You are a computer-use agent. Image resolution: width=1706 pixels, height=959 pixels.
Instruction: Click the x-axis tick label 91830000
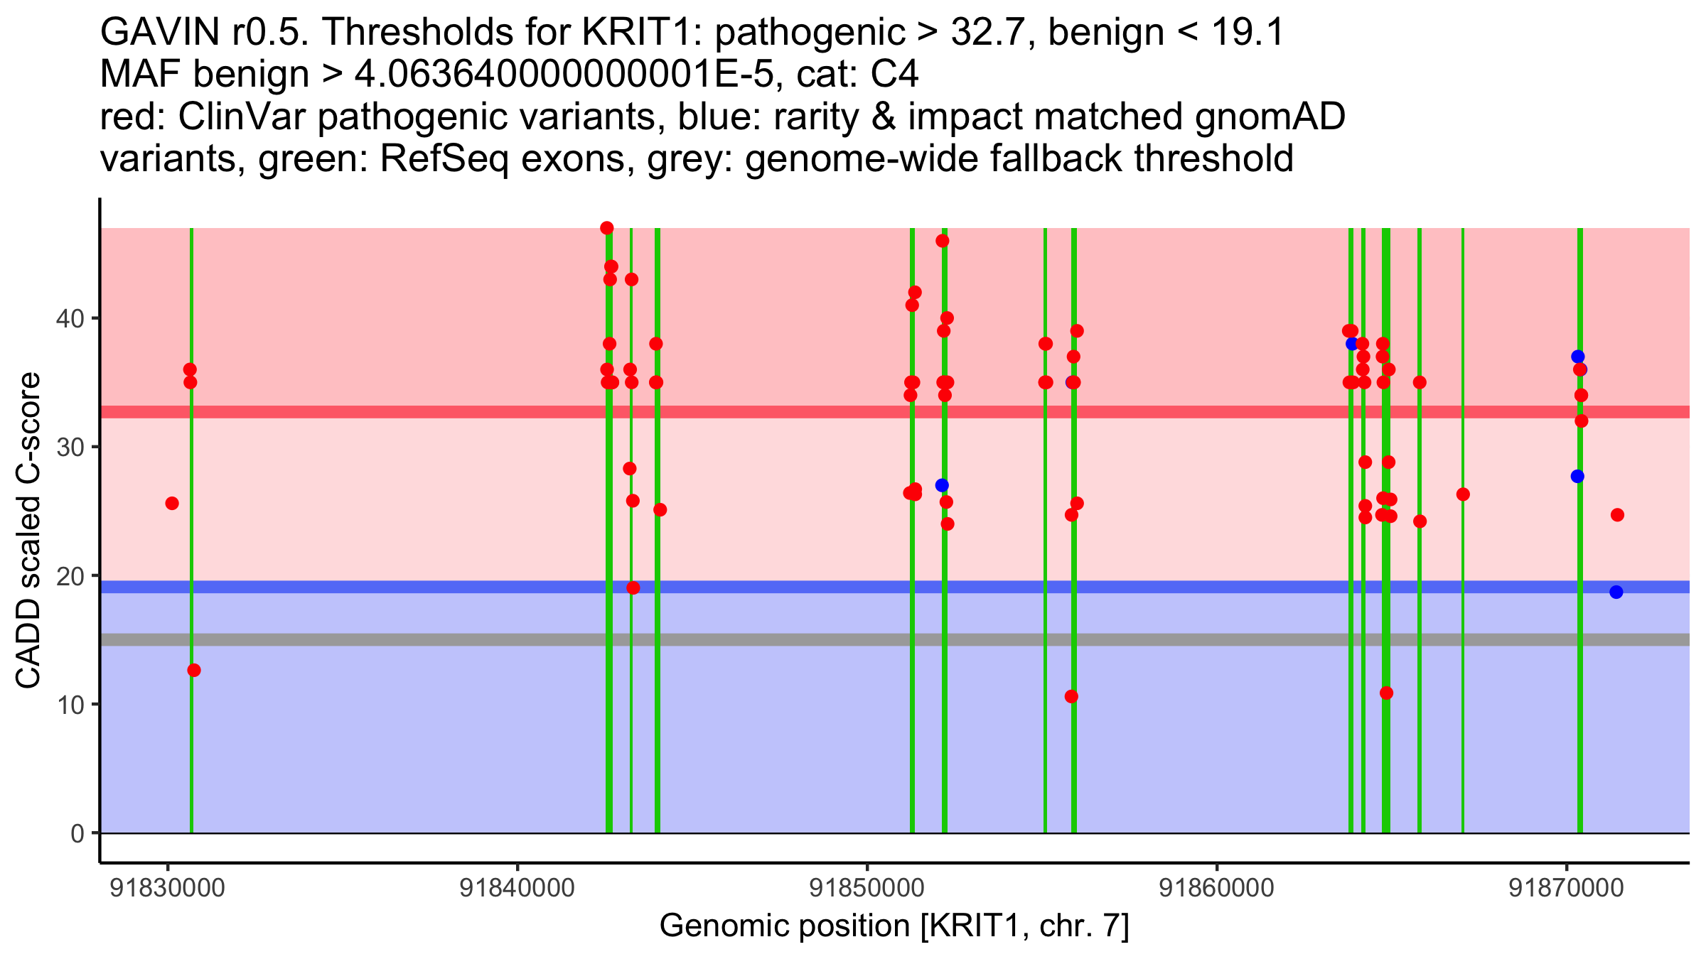[168, 889]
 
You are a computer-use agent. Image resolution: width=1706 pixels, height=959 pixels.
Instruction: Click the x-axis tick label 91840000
[517, 889]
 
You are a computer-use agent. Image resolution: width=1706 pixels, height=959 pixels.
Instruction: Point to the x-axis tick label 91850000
[867, 889]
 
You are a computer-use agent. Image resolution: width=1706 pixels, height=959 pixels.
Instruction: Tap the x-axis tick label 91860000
[1217, 889]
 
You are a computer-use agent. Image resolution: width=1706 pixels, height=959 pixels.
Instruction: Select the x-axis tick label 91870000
[1567, 889]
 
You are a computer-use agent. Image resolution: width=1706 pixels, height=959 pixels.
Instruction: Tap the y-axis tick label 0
[77, 833]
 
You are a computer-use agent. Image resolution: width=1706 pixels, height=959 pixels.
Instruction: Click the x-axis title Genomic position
[894, 926]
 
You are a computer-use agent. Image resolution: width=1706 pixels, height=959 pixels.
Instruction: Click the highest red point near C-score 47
[606, 228]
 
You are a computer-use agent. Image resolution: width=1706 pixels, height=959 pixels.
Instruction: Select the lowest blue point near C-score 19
[1616, 592]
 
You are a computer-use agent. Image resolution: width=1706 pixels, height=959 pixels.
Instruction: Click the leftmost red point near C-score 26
[172, 503]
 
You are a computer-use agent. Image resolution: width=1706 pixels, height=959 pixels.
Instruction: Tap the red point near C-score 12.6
[194, 670]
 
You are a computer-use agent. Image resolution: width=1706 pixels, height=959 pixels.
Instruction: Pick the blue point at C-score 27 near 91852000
[942, 485]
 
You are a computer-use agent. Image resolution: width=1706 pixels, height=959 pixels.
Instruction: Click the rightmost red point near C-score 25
[1617, 515]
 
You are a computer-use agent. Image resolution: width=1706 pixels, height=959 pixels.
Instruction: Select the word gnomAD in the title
[1270, 117]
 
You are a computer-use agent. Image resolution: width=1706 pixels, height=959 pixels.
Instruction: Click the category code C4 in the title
[894, 75]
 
